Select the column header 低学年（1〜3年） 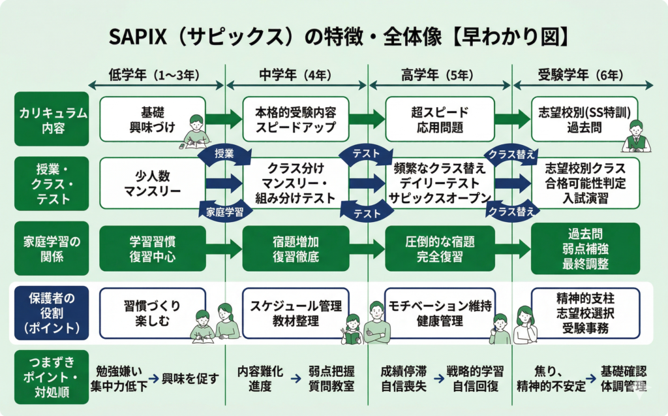click(157, 74)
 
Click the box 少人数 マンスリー click(152, 182)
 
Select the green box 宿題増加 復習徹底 click(296, 248)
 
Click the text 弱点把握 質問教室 click(331, 378)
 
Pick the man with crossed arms click(376, 323)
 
